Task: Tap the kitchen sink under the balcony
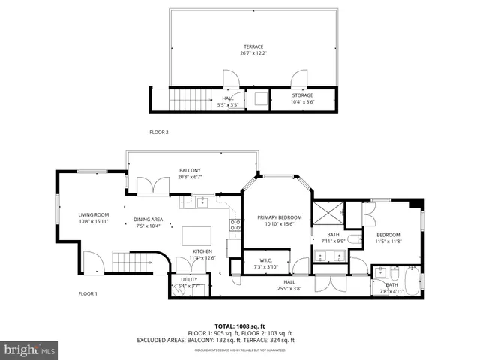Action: pos(201,201)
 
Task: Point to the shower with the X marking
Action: pos(327,214)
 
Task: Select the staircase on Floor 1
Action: pos(126,262)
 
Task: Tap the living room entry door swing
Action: pos(94,262)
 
